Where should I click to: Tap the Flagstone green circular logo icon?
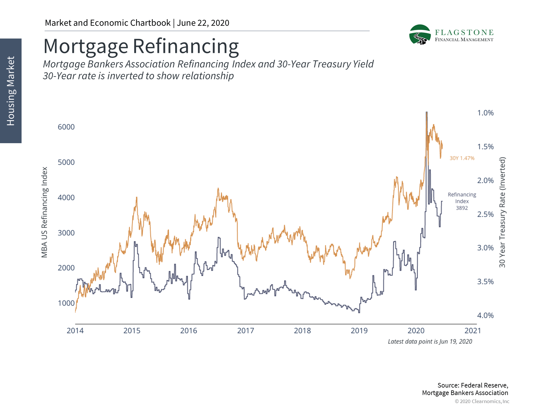[x=420, y=34]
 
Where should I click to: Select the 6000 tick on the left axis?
[x=66, y=127]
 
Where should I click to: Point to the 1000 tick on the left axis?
[x=66, y=303]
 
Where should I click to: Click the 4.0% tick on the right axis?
[x=485, y=315]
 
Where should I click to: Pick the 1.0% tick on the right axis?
[x=485, y=113]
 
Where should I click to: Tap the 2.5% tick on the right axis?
[x=485, y=214]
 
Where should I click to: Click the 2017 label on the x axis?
[x=246, y=331]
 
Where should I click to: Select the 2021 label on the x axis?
[x=473, y=331]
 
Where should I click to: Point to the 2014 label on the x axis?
[x=75, y=331]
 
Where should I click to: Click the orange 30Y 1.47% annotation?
[x=462, y=158]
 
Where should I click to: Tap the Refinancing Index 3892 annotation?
[x=462, y=201]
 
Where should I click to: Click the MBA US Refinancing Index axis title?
[x=44, y=212]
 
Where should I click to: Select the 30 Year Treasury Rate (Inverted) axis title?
[x=502, y=212]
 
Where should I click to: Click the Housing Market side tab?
[x=11, y=91]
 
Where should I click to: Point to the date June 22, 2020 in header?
[x=203, y=23]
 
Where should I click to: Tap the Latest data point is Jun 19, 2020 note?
[x=430, y=342]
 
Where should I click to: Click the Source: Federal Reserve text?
[x=473, y=385]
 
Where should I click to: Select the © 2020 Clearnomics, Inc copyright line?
[x=482, y=401]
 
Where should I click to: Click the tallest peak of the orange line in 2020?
[x=426, y=113]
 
